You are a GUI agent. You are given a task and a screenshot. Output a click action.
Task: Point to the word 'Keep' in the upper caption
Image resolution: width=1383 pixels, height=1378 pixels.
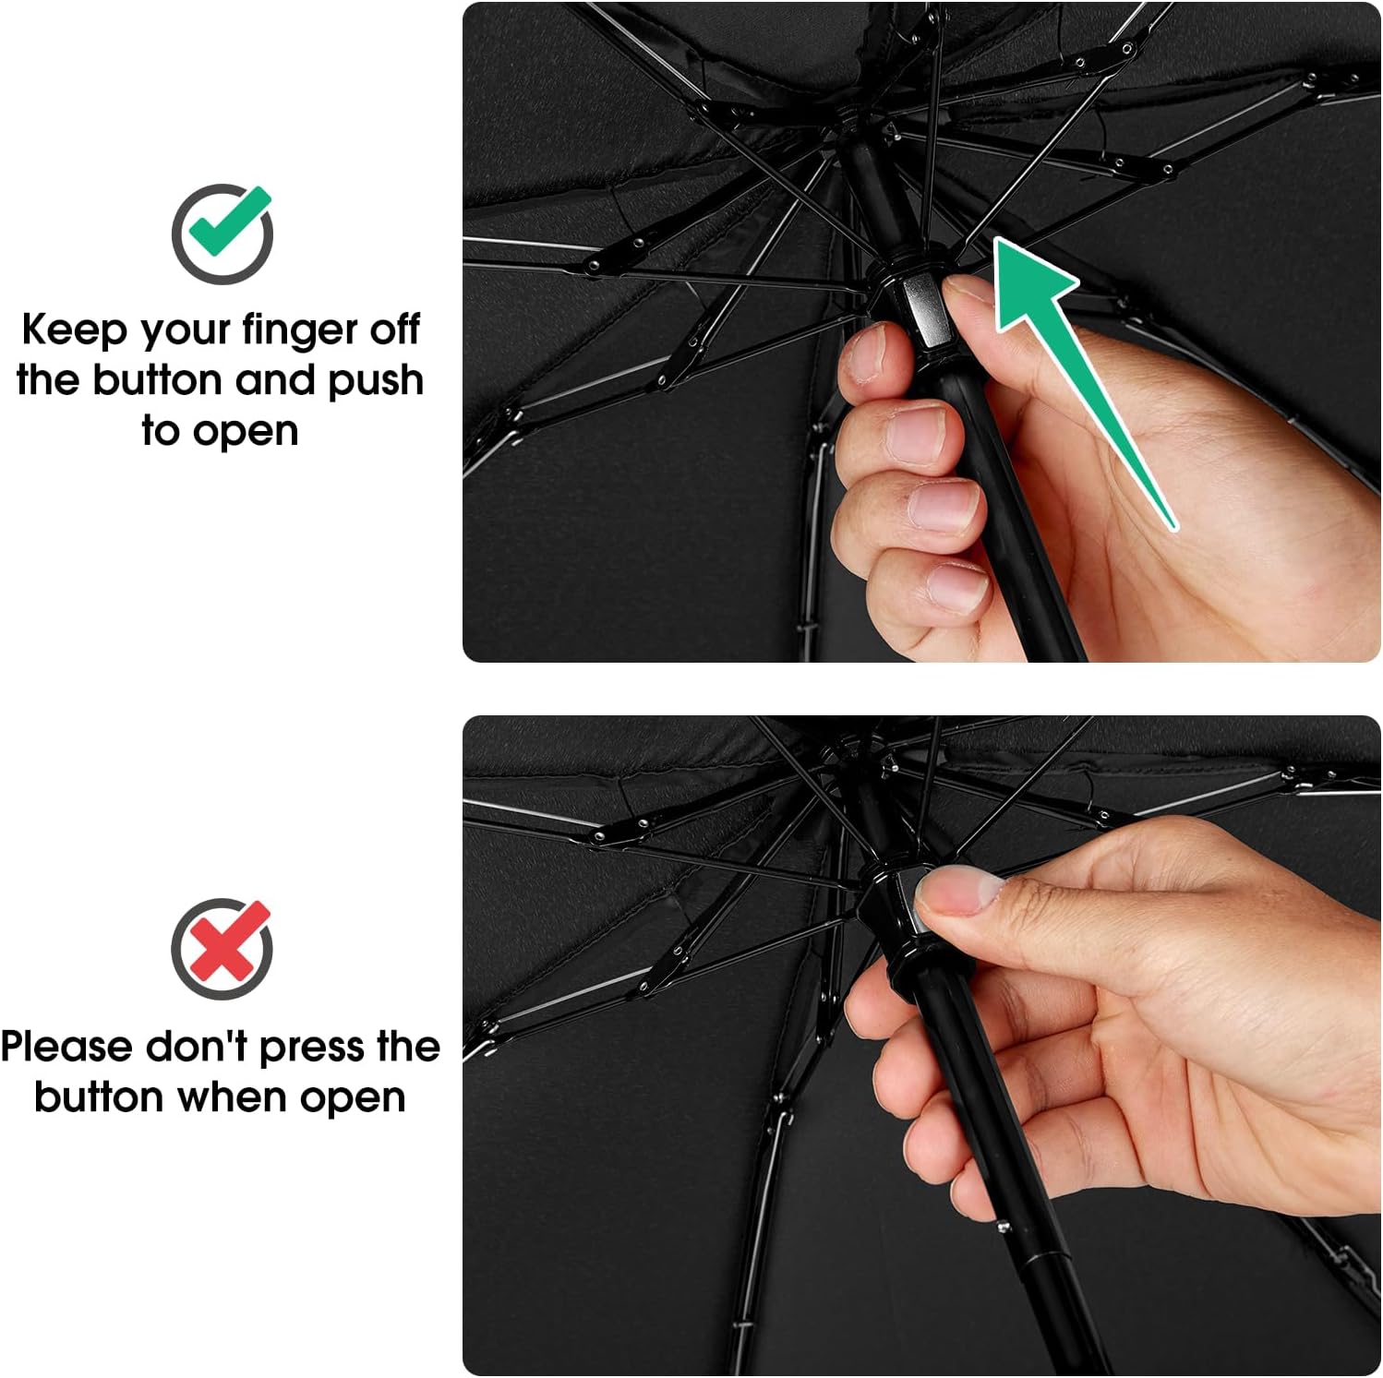point(74,330)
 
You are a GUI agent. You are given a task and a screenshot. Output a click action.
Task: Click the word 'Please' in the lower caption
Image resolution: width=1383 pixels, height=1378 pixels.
point(66,1047)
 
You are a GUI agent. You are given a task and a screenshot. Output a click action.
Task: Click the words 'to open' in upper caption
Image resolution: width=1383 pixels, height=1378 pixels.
point(220,431)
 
